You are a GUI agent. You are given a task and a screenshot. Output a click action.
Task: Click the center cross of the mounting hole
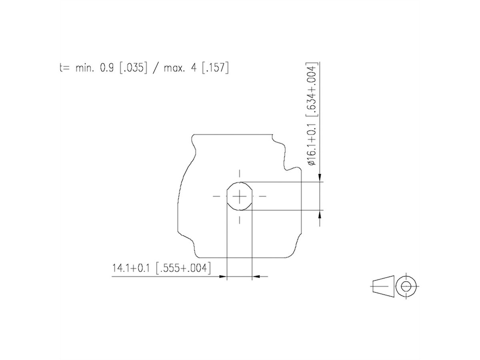click(240, 196)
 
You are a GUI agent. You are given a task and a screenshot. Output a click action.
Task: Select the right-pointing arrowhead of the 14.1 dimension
click(223, 276)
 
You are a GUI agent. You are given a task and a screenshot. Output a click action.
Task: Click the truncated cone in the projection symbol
click(383, 286)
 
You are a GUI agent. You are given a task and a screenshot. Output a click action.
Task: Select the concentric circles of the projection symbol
click(406, 286)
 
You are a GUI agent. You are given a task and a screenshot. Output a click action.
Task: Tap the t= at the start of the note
click(63, 68)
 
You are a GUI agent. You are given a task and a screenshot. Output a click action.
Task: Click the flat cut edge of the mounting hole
click(227, 196)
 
